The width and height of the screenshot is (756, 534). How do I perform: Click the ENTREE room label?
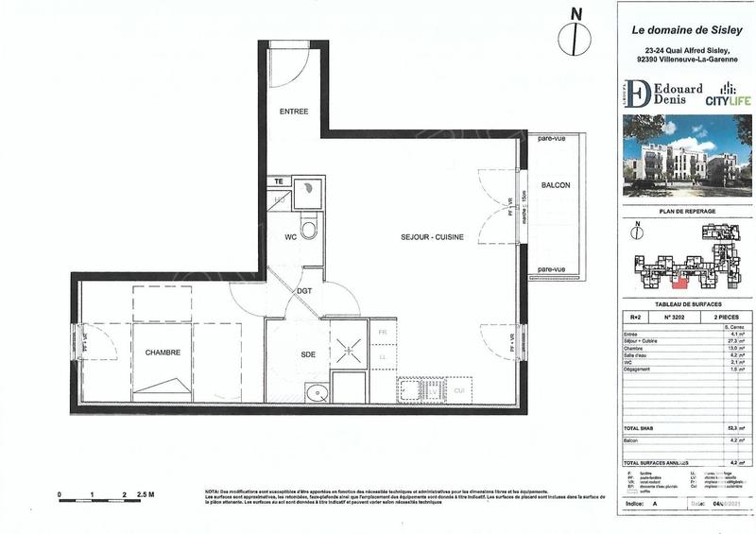[x=294, y=112]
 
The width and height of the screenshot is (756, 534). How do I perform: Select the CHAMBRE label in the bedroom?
[x=163, y=353]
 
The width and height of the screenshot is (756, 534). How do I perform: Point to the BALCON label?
[x=555, y=185]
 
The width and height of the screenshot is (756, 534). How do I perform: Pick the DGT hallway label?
[x=304, y=290]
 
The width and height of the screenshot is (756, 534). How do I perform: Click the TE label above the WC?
[x=278, y=181]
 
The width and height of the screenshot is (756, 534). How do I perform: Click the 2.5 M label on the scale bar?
[x=144, y=494]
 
